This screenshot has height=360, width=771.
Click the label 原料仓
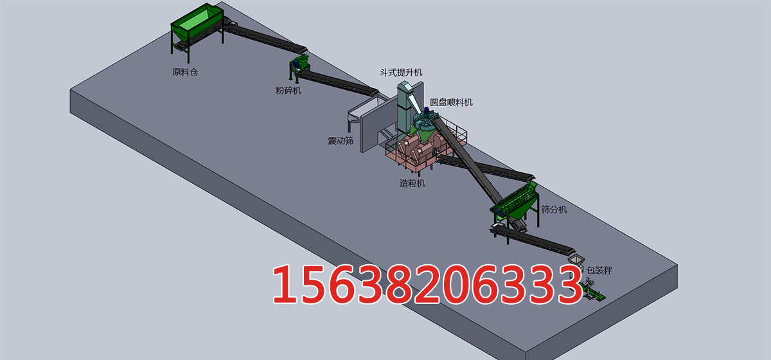[185, 72]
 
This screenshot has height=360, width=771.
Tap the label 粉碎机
[288, 91]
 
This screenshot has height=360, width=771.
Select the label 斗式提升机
[401, 73]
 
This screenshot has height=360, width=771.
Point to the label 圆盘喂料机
[451, 102]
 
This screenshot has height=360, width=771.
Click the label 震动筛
[341, 141]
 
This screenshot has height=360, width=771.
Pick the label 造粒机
[412, 183]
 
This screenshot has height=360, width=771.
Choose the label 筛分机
[554, 210]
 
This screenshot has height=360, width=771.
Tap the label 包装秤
[599, 271]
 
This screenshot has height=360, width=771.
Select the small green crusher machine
[299, 66]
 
